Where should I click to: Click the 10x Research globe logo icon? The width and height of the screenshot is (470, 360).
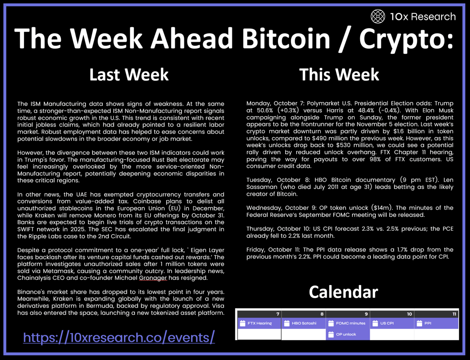coord(378,16)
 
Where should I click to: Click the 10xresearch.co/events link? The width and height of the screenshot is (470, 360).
coord(119,337)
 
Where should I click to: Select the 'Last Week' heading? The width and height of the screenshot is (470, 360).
coord(129,74)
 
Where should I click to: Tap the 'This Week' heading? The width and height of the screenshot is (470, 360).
coord(339,74)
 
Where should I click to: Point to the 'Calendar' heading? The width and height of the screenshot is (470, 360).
coord(343,292)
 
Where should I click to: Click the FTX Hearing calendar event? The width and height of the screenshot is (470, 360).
coord(259,323)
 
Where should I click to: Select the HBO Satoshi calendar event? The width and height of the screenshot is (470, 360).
coord(303,323)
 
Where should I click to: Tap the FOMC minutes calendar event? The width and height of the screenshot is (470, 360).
coord(348,323)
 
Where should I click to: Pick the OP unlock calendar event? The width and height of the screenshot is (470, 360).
coord(348,334)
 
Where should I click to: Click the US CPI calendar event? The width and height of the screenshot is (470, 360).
coord(392,323)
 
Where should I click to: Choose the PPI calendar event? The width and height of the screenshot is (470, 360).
coord(436,323)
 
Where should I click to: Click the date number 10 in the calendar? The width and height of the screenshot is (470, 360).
coord(409,314)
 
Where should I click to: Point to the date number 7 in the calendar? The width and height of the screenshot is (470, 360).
coord(278,314)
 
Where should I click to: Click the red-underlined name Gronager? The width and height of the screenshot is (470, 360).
coord(153,278)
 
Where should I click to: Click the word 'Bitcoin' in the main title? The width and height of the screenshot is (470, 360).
coord(286,38)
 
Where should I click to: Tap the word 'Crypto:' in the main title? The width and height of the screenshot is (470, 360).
coord(406,40)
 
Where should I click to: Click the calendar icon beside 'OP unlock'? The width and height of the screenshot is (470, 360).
coord(331,334)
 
